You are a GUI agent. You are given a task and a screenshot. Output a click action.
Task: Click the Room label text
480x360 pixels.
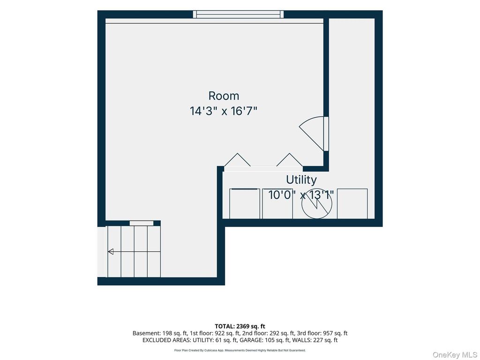224,96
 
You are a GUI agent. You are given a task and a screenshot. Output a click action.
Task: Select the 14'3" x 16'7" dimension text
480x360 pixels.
224,111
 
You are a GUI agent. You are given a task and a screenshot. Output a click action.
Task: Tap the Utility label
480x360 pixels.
301,180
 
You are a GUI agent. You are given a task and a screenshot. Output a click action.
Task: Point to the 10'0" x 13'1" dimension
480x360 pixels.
301,195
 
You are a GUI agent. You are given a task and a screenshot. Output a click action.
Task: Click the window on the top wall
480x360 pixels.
238,15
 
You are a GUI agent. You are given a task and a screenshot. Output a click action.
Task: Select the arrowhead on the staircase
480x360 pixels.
111,252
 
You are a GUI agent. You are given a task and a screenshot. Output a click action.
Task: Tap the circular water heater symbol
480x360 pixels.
317,203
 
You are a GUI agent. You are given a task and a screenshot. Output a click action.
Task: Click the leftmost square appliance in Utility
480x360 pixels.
245,203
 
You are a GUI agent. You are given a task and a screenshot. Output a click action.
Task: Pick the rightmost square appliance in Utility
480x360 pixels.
352,203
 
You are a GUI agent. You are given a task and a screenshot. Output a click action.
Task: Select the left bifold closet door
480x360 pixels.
237,160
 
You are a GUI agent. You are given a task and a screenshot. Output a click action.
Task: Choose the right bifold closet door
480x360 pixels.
290,160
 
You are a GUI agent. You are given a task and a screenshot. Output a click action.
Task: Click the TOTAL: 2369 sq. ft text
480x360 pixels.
240,326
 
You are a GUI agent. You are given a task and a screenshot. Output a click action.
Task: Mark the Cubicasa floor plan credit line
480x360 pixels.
240,350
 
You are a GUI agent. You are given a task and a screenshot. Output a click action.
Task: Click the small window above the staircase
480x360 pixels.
142,223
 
